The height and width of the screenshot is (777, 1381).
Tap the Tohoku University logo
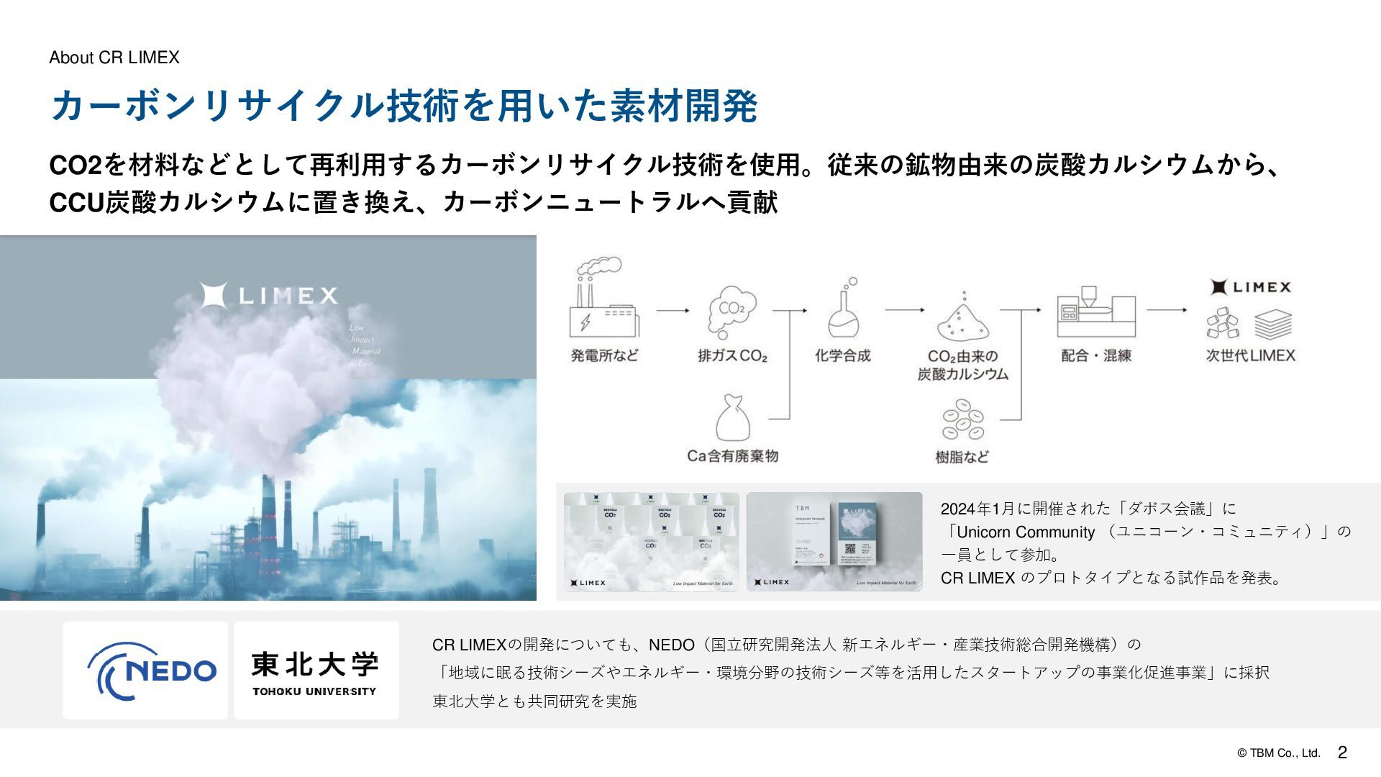click(316, 671)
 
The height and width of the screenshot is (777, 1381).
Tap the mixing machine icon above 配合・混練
click(1095, 311)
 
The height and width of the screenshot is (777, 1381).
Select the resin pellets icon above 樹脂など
click(962, 421)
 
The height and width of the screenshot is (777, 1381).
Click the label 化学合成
click(842, 355)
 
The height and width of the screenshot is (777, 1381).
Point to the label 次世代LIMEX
click(1250, 355)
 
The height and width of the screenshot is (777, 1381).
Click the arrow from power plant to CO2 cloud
click(672, 311)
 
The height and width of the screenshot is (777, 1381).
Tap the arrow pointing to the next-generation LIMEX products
click(1167, 310)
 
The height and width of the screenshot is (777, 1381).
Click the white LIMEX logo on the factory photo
click(268, 295)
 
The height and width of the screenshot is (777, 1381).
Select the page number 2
click(1342, 753)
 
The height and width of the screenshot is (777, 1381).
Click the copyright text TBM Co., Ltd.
click(1279, 753)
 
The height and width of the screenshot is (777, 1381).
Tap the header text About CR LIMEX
click(114, 58)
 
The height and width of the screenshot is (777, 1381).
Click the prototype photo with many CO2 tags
click(651, 542)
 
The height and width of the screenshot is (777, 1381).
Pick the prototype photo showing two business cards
click(834, 542)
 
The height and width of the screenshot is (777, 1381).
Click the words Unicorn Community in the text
click(1025, 532)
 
